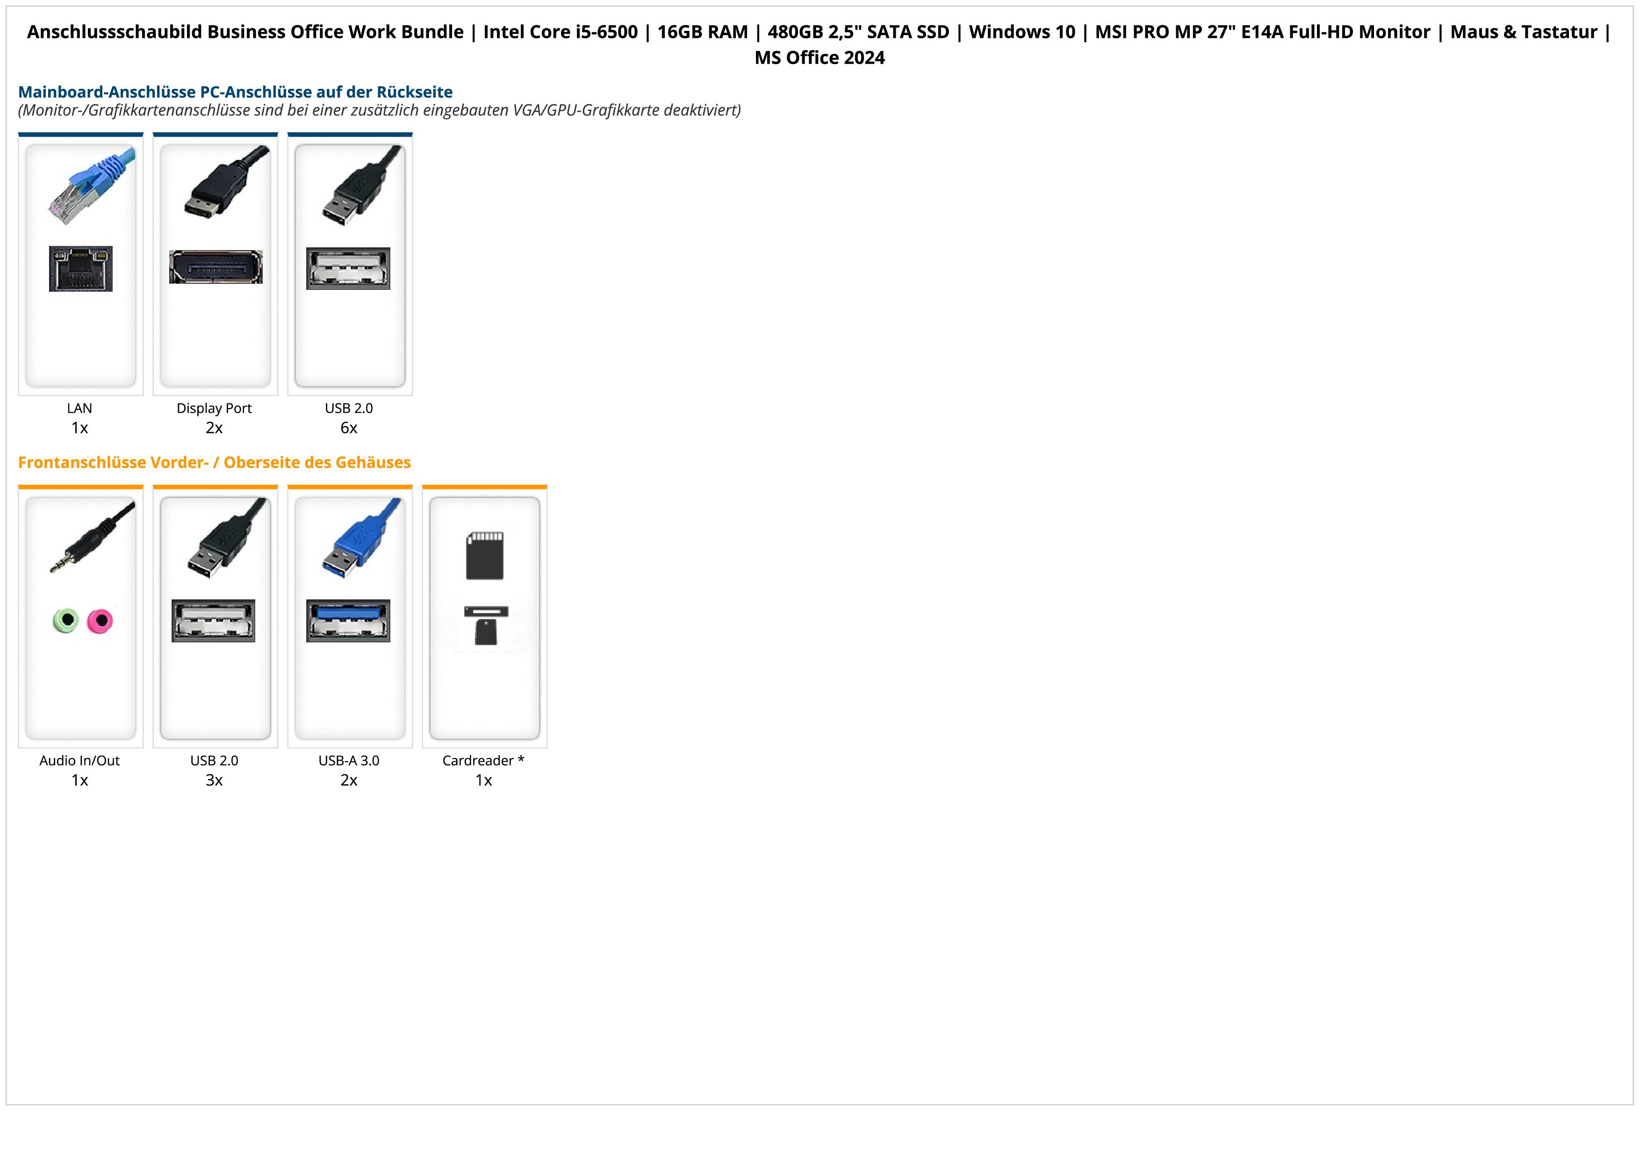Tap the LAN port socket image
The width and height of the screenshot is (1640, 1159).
81,268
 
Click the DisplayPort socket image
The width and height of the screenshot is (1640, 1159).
216,267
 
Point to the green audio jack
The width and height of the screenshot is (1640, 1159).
66,620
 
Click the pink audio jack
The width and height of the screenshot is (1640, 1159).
100,620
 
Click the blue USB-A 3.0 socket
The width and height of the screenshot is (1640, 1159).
349,620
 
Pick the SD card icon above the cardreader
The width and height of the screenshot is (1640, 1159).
484,555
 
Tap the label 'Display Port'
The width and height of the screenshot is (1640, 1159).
214,409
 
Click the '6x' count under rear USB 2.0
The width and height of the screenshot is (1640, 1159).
349,428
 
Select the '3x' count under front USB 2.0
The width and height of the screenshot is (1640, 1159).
214,780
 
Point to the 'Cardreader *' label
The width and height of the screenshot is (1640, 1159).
483,761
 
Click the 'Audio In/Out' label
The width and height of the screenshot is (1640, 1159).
79,761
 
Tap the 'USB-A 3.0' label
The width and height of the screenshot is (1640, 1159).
349,761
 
